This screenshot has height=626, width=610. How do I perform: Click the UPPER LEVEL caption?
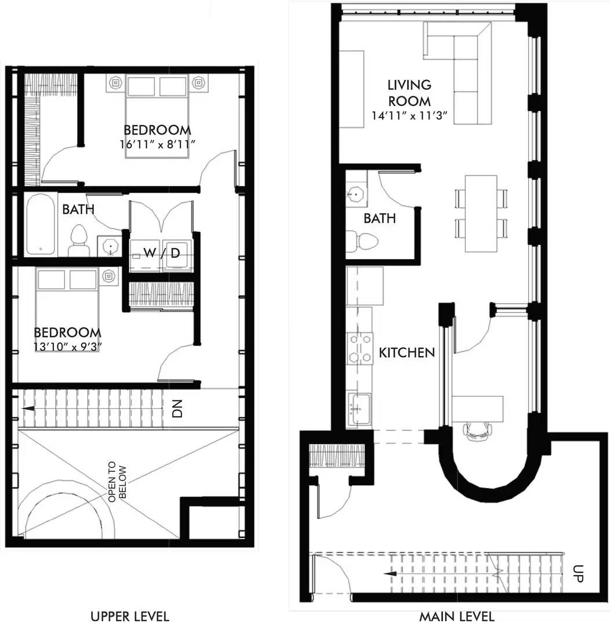coord(130,616)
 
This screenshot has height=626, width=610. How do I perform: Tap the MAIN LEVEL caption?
coord(456,616)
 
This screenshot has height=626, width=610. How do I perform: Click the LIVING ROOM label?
coord(409,93)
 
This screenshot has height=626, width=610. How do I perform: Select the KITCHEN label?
coord(406,352)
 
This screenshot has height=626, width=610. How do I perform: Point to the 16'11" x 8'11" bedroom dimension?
coord(157,144)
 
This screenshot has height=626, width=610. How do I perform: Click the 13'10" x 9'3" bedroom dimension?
coord(66,346)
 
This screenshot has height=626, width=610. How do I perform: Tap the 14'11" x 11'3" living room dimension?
coord(409,116)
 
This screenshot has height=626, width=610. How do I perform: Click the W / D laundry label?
coord(162,252)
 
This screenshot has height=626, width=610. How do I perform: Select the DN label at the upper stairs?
coord(177,409)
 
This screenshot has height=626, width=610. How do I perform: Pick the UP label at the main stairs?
coord(578,573)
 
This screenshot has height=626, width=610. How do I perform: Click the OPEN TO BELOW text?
coord(118,482)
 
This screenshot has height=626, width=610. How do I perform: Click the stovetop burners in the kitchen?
coord(360,347)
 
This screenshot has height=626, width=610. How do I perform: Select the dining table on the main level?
coord(481,213)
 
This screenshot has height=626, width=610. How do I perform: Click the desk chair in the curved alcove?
coord(477,431)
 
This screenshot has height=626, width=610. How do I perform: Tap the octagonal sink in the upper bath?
coord(110,247)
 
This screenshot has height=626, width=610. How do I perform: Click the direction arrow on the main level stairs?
coord(391,574)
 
